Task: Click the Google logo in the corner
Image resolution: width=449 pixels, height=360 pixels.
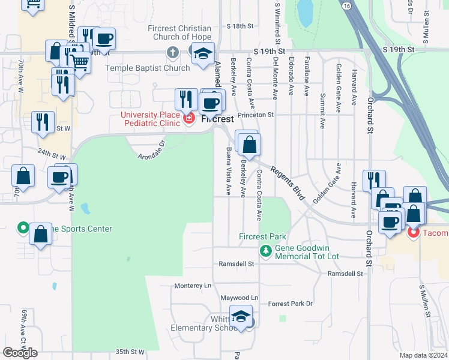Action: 20,353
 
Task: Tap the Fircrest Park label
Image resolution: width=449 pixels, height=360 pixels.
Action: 262,236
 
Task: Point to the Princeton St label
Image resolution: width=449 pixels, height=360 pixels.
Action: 255,114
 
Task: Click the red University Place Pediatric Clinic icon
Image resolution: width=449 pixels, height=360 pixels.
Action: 189,119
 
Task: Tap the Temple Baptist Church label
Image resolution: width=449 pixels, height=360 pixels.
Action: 147,68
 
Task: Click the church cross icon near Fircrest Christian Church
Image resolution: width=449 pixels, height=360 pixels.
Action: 173,52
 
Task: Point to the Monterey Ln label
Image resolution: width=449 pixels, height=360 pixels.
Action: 193,286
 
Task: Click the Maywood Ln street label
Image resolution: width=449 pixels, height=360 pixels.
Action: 238,298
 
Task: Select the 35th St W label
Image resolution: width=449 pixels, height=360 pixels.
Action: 130,352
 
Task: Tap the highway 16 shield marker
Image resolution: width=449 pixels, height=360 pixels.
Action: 348,5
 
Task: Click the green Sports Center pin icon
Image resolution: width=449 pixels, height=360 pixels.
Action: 23,228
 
